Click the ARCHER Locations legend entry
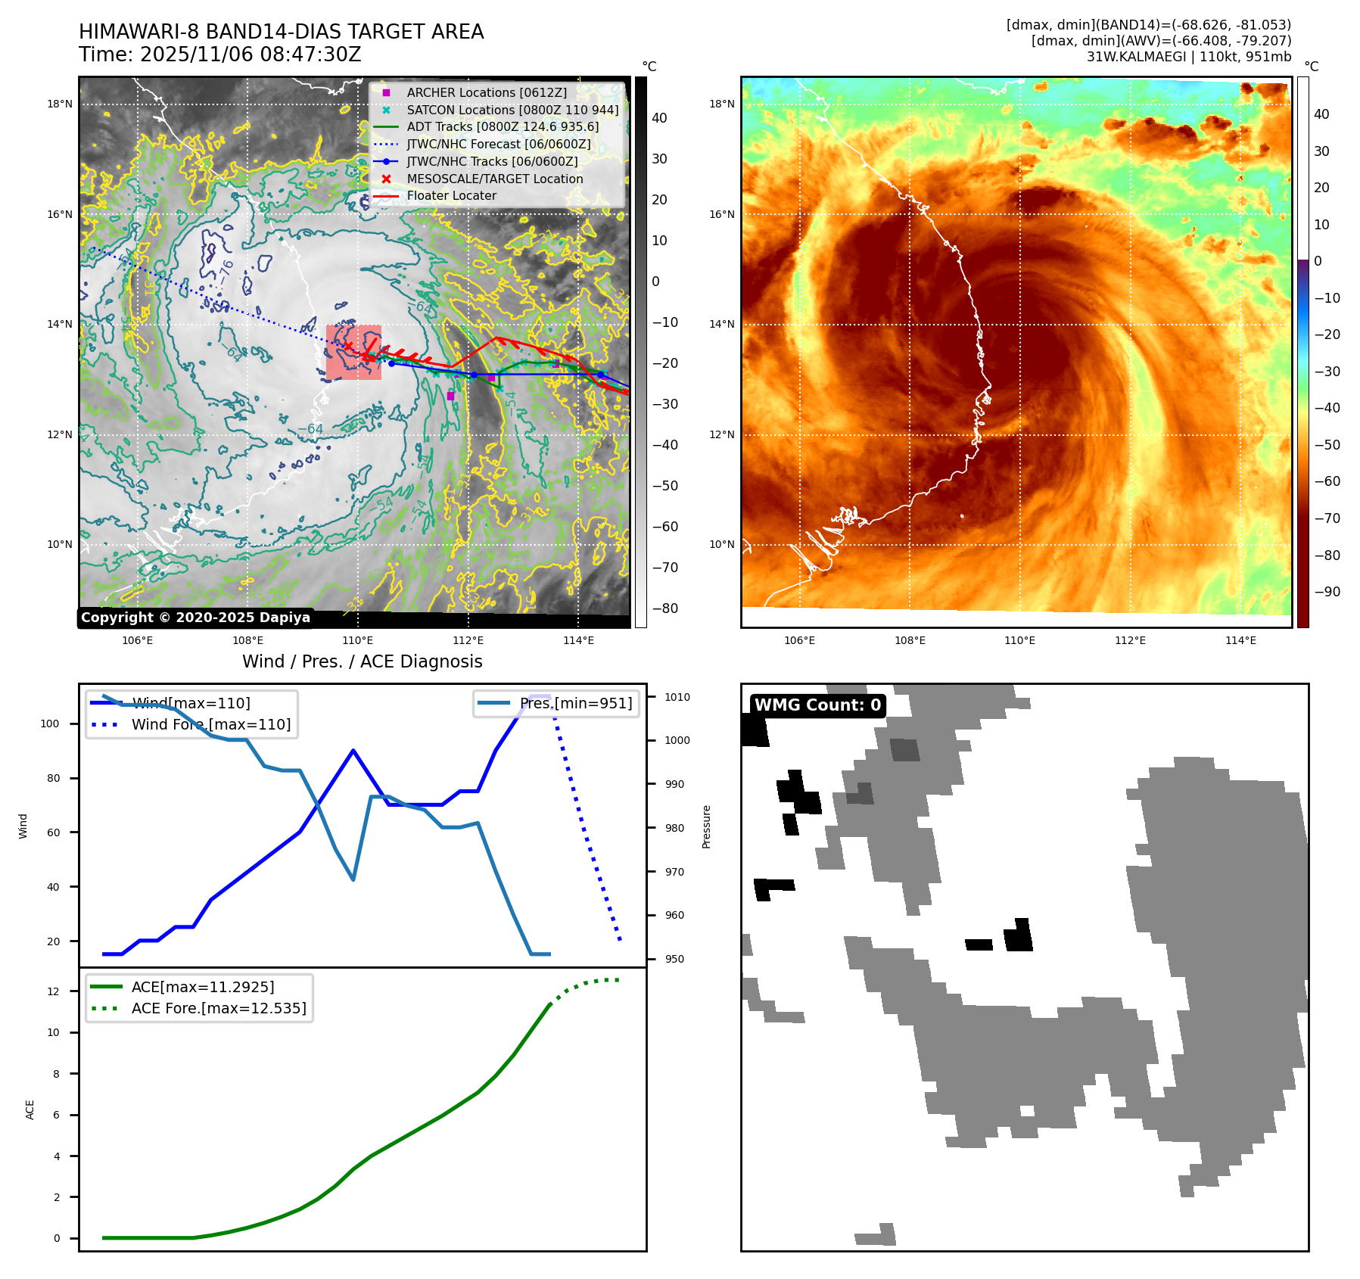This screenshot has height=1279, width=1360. [x=486, y=92]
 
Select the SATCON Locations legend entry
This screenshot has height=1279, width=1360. [x=512, y=110]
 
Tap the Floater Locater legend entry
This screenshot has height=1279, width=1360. [x=451, y=195]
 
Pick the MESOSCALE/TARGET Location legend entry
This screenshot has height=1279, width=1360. [x=494, y=179]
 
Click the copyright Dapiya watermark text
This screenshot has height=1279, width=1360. [x=195, y=618]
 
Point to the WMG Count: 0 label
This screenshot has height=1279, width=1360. [x=817, y=705]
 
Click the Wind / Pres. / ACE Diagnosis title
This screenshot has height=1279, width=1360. [x=362, y=661]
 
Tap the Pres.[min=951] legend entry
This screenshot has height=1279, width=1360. [x=575, y=703]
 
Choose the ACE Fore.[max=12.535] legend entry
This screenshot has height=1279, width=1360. [x=218, y=1008]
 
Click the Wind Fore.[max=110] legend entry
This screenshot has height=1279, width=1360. [x=210, y=724]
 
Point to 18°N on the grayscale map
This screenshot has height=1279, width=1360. [x=60, y=104]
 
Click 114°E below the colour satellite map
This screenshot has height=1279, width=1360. [x=1240, y=640]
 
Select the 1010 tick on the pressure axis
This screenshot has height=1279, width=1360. [x=677, y=697]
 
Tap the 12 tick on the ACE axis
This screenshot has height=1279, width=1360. [x=53, y=991]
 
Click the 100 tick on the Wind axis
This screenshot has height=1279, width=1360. [x=49, y=724]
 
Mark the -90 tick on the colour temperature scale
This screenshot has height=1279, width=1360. [x=1327, y=592]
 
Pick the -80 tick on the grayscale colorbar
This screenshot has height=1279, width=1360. [x=665, y=608]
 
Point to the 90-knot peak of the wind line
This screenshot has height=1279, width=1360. [x=353, y=750]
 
